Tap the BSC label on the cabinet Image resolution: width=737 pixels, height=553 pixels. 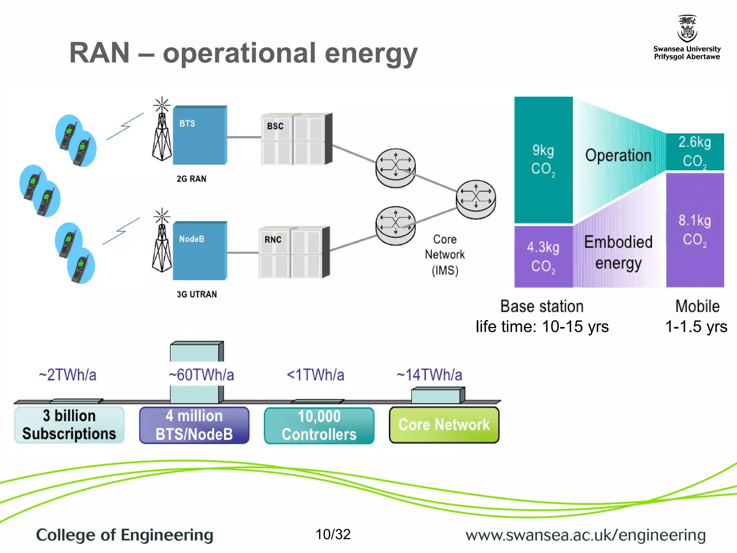click(275, 126)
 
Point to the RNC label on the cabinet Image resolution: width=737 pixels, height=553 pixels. click(273, 240)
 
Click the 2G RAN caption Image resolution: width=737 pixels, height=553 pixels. click(191, 179)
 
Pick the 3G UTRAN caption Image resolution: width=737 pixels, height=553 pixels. click(197, 295)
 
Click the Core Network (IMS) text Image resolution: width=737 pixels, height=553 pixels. click(445, 255)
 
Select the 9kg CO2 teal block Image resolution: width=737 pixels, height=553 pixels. click(543, 160)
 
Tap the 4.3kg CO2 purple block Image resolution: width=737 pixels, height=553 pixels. click(543, 256)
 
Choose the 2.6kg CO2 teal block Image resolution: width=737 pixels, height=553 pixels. click(695, 152)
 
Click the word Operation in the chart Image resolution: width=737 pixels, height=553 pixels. click(618, 156)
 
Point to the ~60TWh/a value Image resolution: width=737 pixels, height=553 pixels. click(201, 375)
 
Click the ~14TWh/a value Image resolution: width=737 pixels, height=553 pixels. click(429, 375)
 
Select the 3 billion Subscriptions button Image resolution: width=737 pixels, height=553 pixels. click(69, 425)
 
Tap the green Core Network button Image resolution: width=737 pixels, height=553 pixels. click(444, 425)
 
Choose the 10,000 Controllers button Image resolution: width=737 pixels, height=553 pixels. click(319, 425)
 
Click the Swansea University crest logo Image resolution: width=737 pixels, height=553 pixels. click(687, 29)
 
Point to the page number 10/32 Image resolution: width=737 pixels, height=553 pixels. click(333, 534)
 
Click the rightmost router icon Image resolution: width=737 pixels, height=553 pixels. click(476, 199)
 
